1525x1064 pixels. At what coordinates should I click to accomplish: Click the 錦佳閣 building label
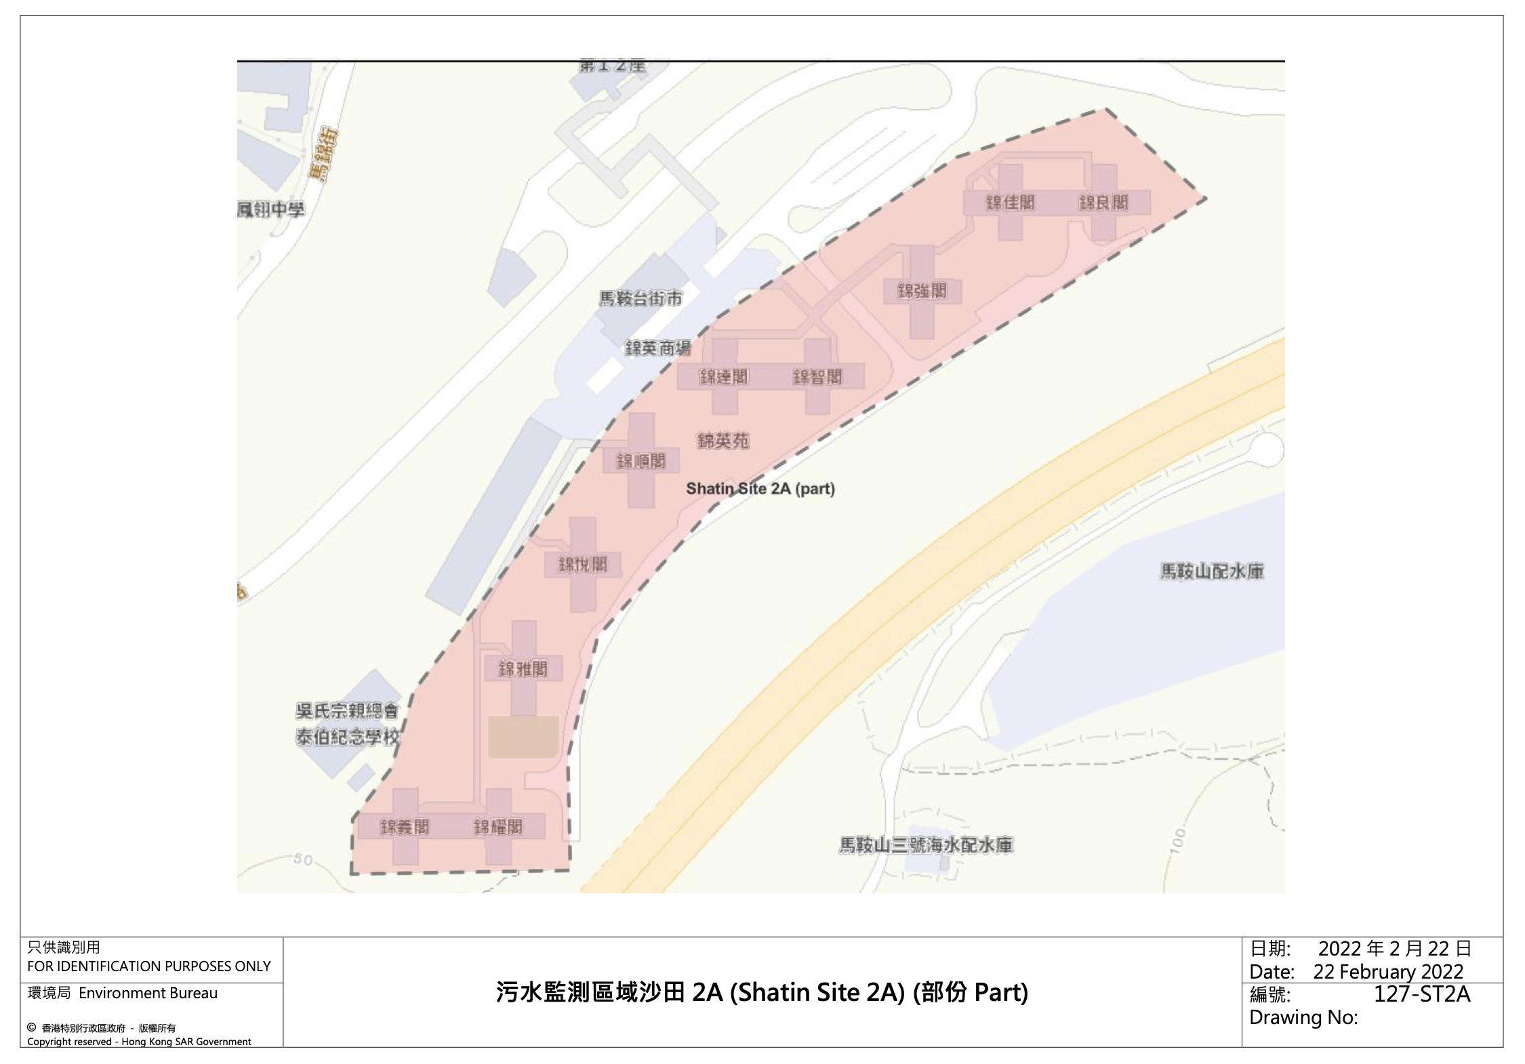point(1010,203)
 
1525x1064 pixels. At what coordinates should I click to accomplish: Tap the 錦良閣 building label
point(1103,203)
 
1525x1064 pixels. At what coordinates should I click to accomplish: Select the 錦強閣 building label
point(922,291)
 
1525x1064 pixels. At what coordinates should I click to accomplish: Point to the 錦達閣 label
point(724,377)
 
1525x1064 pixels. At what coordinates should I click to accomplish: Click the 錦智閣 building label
point(817,377)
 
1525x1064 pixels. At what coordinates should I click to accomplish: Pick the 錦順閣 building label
point(640,462)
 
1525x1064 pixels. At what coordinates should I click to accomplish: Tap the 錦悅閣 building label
point(582,565)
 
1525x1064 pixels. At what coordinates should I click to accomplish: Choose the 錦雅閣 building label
point(523,670)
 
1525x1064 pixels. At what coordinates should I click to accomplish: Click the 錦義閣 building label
point(405,827)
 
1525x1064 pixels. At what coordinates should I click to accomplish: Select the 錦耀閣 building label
point(498,827)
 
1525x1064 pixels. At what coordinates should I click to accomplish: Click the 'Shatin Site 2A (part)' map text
point(760,489)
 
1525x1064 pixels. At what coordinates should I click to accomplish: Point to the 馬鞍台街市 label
point(640,298)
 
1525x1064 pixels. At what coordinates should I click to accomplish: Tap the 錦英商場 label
point(657,348)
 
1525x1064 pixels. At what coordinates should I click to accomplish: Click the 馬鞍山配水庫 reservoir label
point(1212,571)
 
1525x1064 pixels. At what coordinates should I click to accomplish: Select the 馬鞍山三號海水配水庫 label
point(926,845)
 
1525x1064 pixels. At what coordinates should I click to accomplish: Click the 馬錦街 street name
point(322,155)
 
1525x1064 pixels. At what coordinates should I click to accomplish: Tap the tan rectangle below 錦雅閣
point(523,737)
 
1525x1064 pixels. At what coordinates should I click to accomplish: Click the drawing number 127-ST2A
point(1422,994)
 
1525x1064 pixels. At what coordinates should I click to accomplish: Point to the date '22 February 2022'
point(1388,972)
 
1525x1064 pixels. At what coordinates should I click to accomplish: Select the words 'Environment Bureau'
point(148,994)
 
